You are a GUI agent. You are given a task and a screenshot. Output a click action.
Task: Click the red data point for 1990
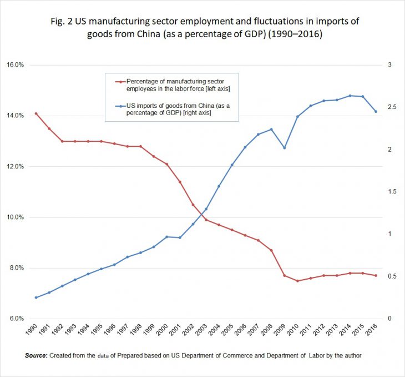click(x=36, y=113)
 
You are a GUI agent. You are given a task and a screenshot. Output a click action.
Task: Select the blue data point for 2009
click(x=284, y=148)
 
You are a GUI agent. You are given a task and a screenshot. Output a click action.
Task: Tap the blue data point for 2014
click(x=350, y=96)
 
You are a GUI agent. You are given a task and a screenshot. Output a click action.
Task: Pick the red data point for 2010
click(x=297, y=281)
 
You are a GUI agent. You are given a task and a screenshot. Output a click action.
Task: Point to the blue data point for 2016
click(x=376, y=111)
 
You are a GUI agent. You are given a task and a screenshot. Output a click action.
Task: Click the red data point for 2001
click(x=180, y=182)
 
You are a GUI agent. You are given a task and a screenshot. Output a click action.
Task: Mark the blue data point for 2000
click(x=166, y=237)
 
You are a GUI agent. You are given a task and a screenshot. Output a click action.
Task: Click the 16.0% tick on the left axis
click(x=16, y=65)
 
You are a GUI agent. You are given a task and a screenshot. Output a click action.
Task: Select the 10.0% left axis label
click(x=16, y=217)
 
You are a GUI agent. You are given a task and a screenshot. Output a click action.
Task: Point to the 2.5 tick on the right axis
click(x=393, y=107)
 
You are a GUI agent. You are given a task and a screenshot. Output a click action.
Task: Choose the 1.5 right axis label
click(x=393, y=192)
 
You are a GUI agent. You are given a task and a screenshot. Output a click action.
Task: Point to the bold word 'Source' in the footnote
click(x=36, y=355)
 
